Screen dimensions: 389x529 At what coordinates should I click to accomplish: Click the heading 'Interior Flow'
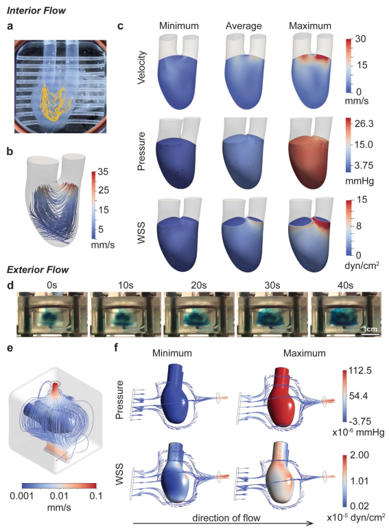36,10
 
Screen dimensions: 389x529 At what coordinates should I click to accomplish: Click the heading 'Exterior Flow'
38,270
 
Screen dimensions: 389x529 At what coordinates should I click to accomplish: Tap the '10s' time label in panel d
126,285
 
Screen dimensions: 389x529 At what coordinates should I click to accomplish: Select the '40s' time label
345,285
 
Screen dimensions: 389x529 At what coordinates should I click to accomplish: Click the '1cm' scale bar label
370,329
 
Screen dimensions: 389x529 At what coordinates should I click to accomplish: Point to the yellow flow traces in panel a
57,102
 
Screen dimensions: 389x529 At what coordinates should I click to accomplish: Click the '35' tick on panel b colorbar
103,172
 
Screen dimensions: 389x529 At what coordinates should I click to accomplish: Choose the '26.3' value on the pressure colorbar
364,124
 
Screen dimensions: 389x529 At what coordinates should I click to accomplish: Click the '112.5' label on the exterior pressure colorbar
360,371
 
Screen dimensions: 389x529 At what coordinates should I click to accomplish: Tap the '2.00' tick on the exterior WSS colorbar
359,455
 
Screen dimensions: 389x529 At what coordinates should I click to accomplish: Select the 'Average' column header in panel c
244,26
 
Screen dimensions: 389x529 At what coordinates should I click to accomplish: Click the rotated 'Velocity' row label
142,67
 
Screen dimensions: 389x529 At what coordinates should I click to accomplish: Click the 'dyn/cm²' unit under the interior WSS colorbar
362,265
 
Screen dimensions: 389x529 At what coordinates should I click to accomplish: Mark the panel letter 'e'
10,347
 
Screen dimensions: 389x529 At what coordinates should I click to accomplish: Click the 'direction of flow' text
226,518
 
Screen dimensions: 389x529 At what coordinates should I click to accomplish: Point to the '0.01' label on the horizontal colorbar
59,496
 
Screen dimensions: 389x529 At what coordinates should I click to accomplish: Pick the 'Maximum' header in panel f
305,353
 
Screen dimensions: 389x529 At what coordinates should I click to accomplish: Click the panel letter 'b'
10,152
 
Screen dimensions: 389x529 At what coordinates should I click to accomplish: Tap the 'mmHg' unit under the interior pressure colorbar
359,181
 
